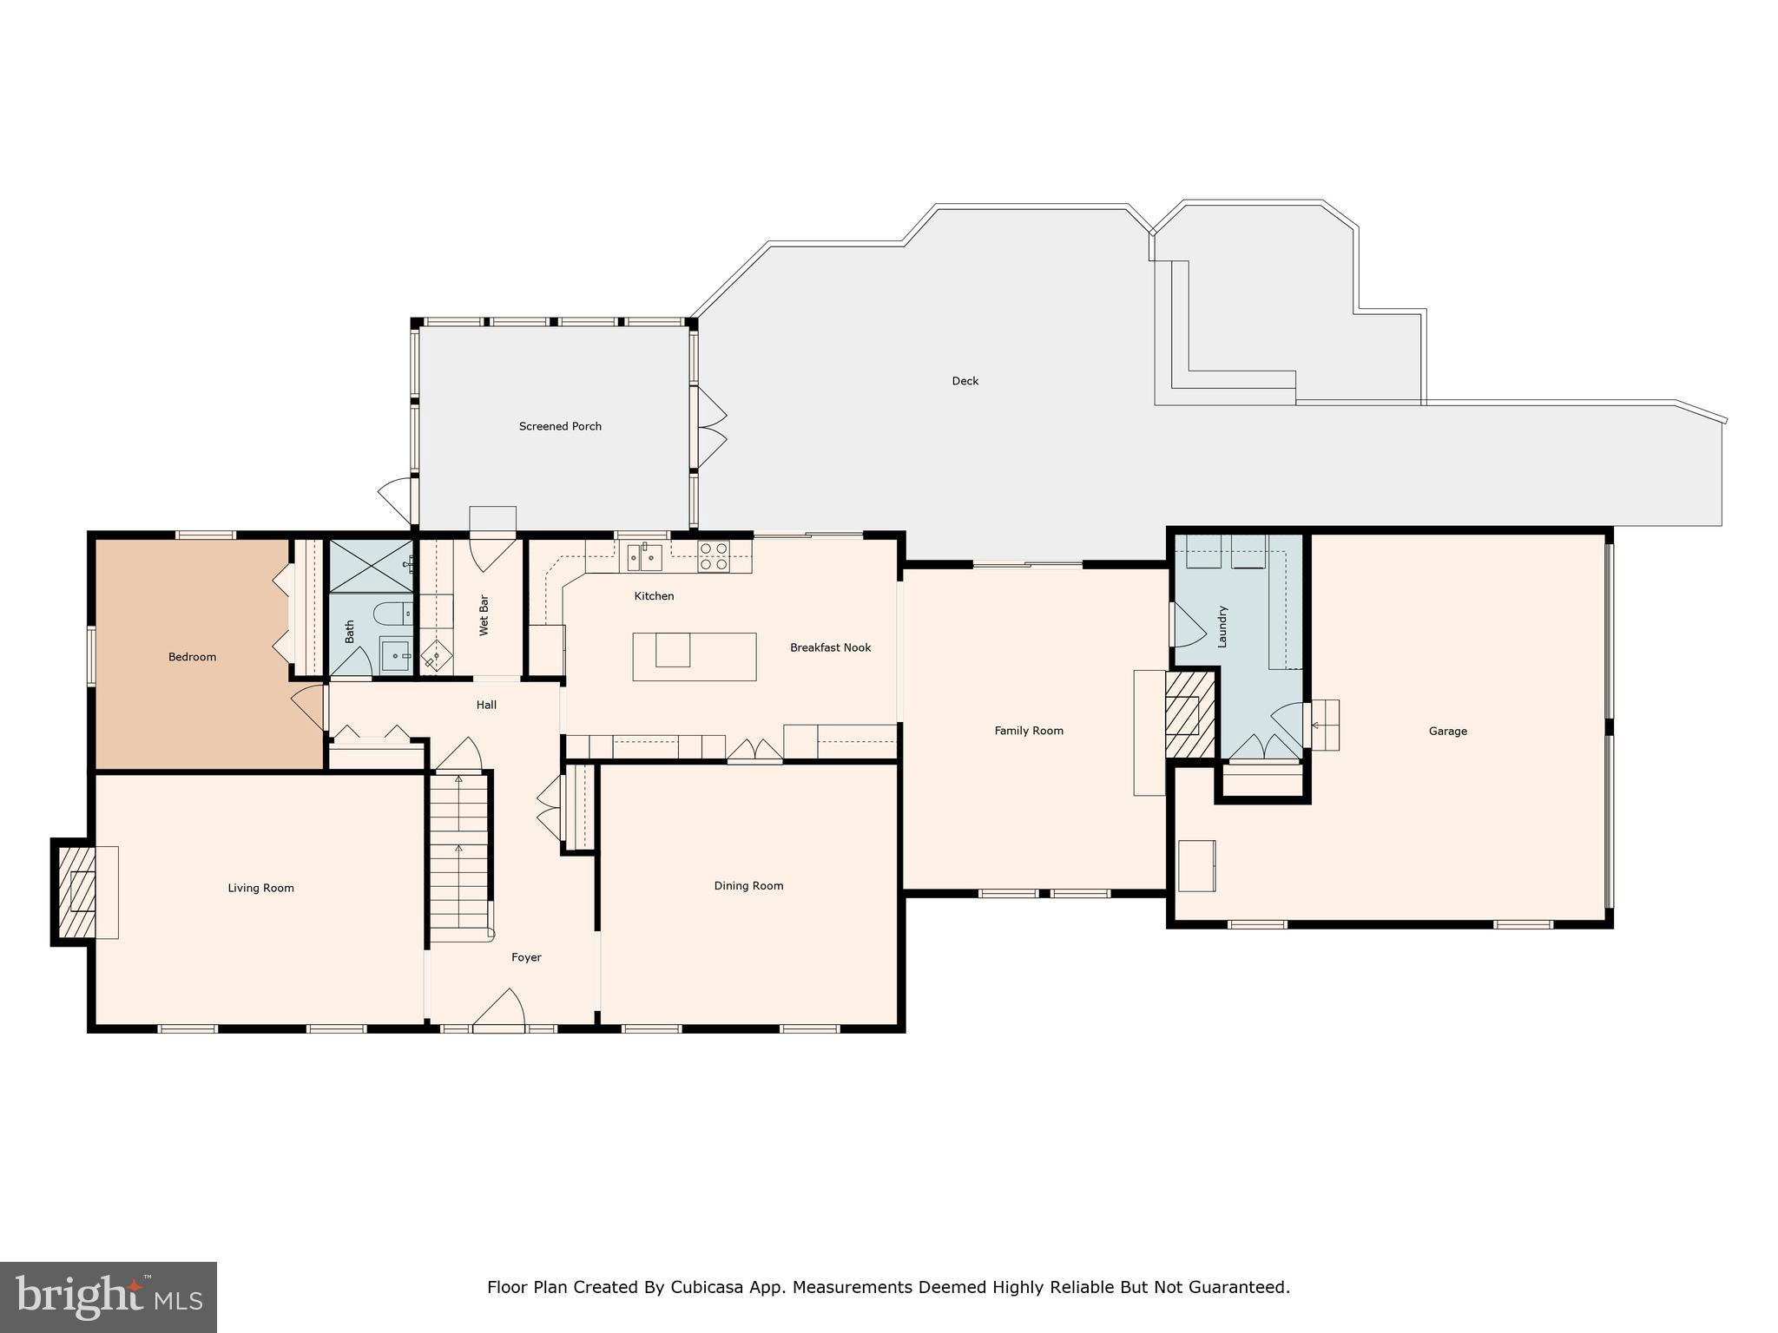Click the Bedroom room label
[192, 657]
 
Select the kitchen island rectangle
[694, 657]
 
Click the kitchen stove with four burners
[714, 556]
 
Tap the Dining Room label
[748, 886]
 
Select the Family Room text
[1029, 731]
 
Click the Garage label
[1447, 732]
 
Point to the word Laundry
[1222, 627]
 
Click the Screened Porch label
[560, 426]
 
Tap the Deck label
[965, 381]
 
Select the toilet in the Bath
[392, 614]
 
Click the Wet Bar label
[484, 615]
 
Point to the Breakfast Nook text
[830, 647]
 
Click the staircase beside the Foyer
[460, 855]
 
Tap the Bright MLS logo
[109, 1297]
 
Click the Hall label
[486, 705]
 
